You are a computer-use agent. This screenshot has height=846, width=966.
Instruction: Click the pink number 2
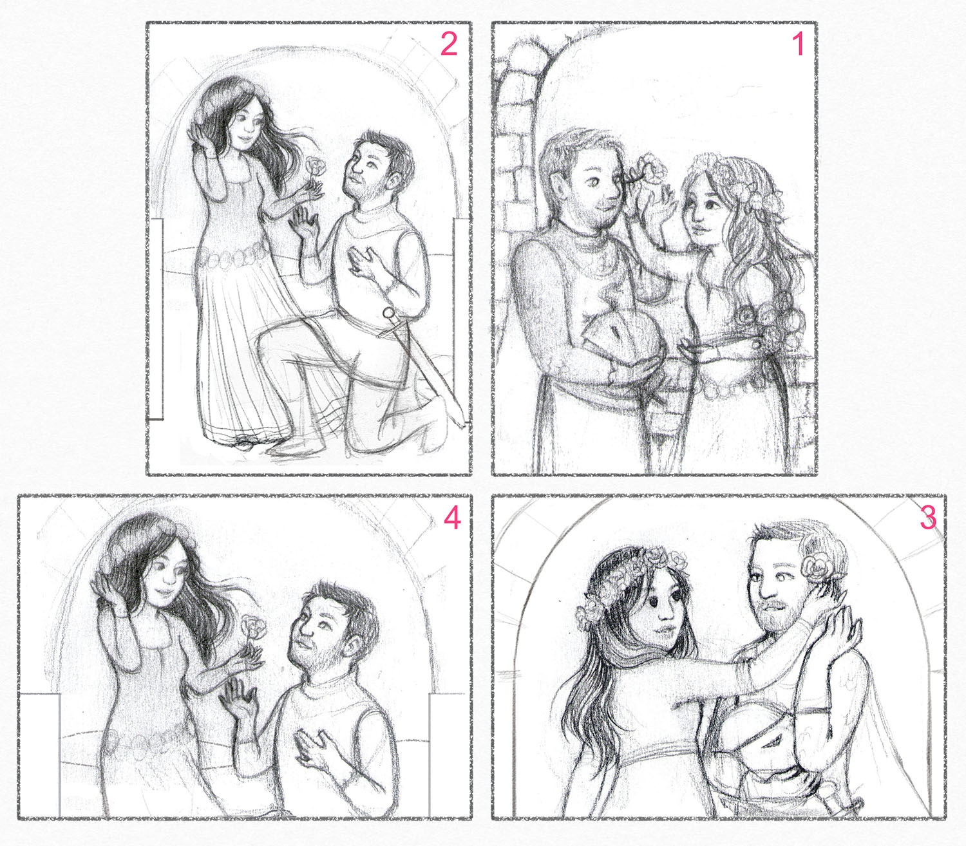point(448,45)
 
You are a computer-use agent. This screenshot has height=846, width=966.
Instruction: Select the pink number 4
point(452,518)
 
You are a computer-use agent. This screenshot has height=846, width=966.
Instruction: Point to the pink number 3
point(928,518)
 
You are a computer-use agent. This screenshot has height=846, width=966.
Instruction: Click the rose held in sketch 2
point(316,168)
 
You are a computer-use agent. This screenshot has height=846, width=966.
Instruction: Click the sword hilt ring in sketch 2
point(388,314)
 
